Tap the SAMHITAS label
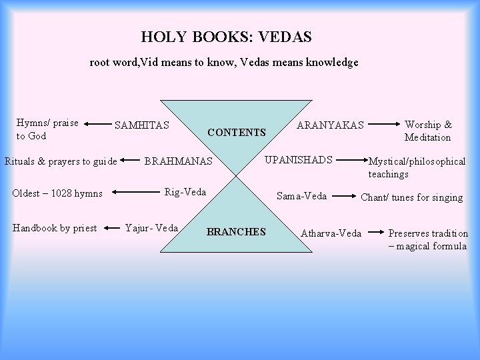[142, 125]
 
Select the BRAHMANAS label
[178, 161]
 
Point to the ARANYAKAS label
[330, 125]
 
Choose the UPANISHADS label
[299, 159]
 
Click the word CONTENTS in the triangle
[237, 132]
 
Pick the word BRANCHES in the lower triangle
[236, 232]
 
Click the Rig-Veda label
[185, 192]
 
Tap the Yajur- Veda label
[152, 227]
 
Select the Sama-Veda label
[301, 196]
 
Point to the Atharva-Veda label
[331, 233]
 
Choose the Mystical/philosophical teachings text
[417, 167]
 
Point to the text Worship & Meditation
[427, 131]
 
